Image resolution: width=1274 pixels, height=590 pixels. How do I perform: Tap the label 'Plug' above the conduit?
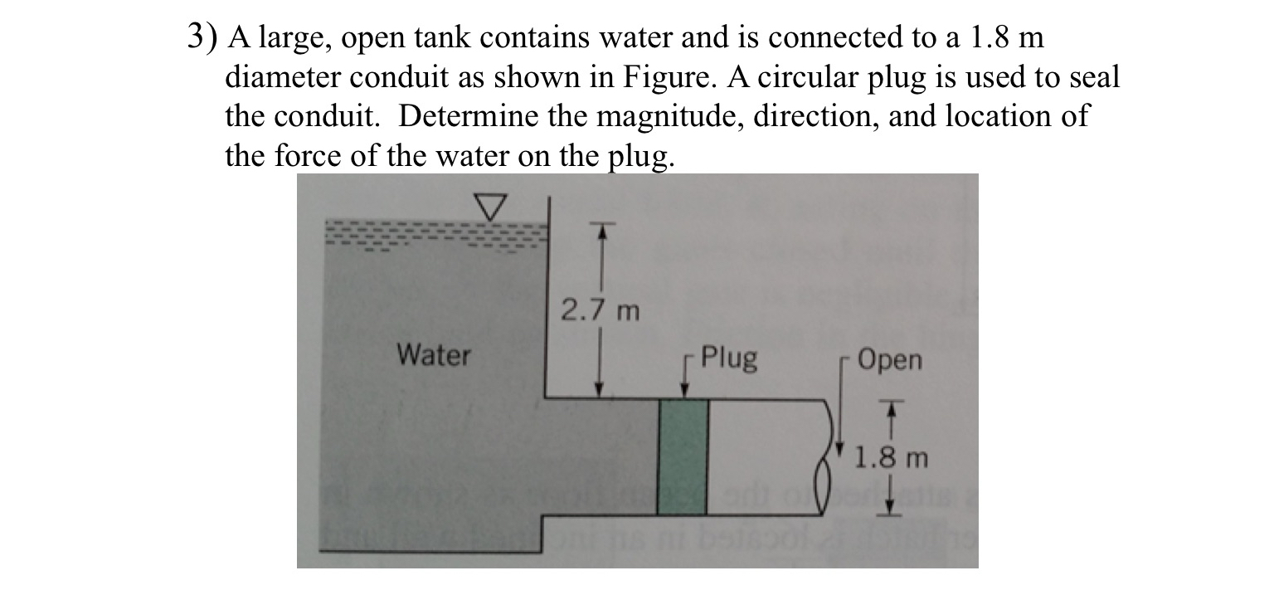pyautogui.click(x=728, y=358)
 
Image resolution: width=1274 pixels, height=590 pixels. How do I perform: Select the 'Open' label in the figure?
pyautogui.click(x=889, y=361)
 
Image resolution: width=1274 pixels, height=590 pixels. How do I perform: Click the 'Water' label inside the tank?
pyautogui.click(x=433, y=356)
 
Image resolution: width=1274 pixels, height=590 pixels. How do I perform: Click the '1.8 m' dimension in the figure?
pyautogui.click(x=892, y=457)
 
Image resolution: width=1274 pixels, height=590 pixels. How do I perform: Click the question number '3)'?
pyautogui.click(x=202, y=37)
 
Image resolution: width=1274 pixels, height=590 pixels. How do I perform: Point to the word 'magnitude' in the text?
pyautogui.click(x=648, y=116)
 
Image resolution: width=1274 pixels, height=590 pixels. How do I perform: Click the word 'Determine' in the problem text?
pyautogui.click(x=467, y=116)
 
